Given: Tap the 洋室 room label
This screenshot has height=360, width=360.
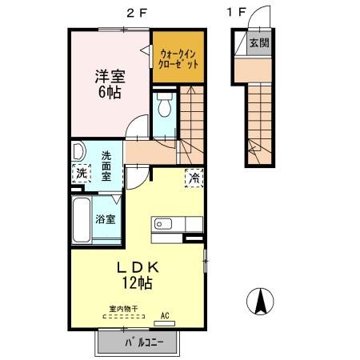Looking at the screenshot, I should tap(110, 77).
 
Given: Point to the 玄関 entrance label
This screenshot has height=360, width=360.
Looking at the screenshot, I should tap(257, 42).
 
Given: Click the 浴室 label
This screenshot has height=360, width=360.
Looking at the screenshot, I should tap(105, 219).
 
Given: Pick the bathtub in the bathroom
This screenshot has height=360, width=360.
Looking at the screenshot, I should tap(82, 220).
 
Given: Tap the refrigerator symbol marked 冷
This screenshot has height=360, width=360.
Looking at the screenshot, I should tap(194, 178).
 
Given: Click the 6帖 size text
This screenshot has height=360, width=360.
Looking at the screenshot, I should tap(110, 92).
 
